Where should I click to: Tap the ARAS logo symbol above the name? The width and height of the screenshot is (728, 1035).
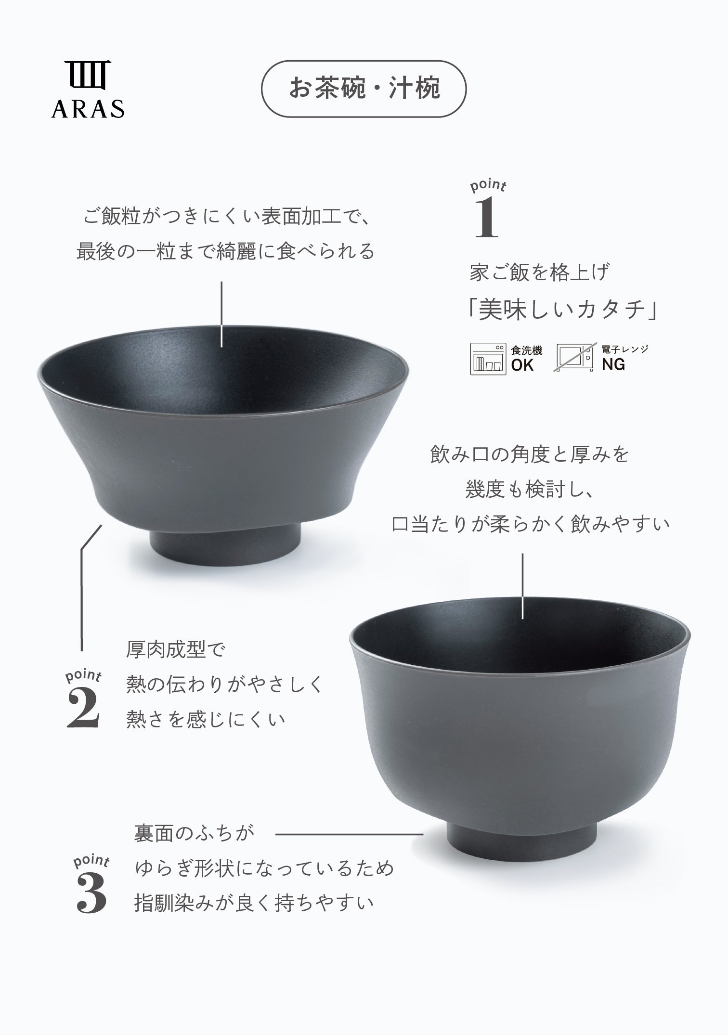pyautogui.click(x=88, y=75)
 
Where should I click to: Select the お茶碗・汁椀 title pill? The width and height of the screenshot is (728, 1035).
pyautogui.click(x=364, y=89)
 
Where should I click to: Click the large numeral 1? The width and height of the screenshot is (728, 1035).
pyautogui.click(x=486, y=219)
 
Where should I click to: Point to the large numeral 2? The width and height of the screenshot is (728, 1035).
pyautogui.click(x=83, y=708)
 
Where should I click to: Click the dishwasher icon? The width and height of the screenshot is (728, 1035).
pyautogui.click(x=488, y=359)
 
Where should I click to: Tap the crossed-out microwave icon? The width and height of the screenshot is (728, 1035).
pyautogui.click(x=576, y=358)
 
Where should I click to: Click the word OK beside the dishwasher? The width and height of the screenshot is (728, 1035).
pyautogui.click(x=522, y=365)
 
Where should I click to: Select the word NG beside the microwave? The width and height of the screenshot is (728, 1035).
pyautogui.click(x=613, y=365)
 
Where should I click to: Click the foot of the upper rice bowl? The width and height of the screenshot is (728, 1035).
pyautogui.click(x=225, y=544)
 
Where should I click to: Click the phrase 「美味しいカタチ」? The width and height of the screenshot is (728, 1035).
pyautogui.click(x=563, y=310)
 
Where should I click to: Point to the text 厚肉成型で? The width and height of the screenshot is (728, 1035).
pyautogui.click(x=176, y=650)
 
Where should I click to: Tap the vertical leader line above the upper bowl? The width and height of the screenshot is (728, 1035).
pyautogui.click(x=221, y=314)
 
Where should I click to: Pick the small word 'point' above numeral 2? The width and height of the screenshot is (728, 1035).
pyautogui.click(x=83, y=676)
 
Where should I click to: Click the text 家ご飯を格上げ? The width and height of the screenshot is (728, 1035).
pyautogui.click(x=540, y=272)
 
